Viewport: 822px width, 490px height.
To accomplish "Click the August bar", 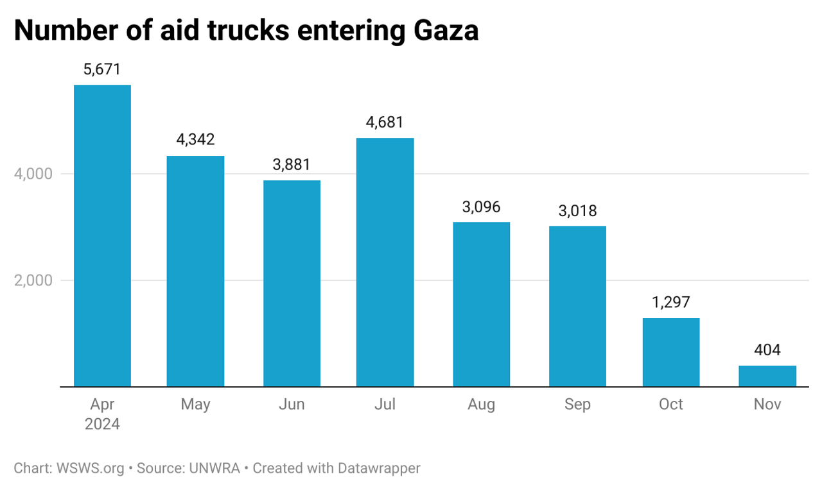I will pyautogui.click(x=481, y=304).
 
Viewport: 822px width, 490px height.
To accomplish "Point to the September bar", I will pyautogui.click(x=577, y=306).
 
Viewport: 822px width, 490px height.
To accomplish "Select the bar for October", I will pyautogui.click(x=670, y=352).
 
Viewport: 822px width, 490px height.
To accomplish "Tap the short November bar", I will pyautogui.click(x=767, y=376).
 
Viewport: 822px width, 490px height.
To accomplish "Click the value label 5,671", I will pyautogui.click(x=102, y=70).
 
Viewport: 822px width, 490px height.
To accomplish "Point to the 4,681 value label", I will pyautogui.click(x=385, y=122).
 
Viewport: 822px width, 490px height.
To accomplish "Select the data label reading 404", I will pyautogui.click(x=767, y=350).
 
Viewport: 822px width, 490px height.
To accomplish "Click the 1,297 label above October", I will pyautogui.click(x=670, y=303).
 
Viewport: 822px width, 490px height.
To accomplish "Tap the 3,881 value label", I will pyautogui.click(x=292, y=165).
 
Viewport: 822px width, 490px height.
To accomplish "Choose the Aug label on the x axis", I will pyautogui.click(x=481, y=405).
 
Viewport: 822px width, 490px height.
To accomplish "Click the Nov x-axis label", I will pyautogui.click(x=767, y=405).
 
